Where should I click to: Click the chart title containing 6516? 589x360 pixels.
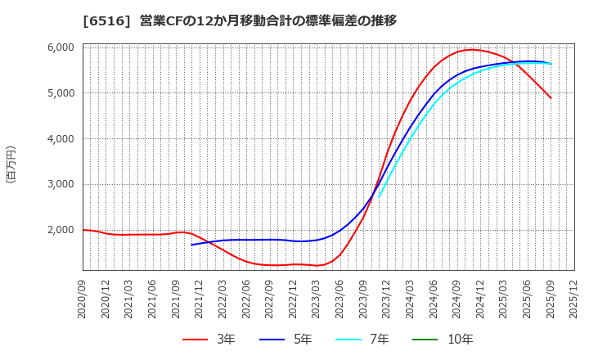[240, 20]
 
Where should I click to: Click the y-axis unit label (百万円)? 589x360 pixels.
[11, 164]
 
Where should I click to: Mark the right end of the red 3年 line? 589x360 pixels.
[551, 98]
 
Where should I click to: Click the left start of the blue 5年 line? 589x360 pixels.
[192, 245]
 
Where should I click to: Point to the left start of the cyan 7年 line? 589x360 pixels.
[379, 196]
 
